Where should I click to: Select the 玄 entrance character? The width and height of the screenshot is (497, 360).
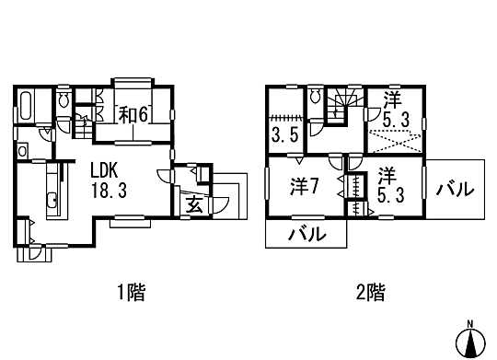coord(195,204)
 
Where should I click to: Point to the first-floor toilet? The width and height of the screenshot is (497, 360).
coord(64,100)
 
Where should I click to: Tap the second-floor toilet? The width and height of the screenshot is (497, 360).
coord(315,97)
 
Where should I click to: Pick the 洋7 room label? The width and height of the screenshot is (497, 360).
coord(304,186)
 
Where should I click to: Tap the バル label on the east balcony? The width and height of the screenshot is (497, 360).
coord(455,190)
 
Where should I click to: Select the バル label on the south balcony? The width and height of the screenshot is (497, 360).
coord(306,234)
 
